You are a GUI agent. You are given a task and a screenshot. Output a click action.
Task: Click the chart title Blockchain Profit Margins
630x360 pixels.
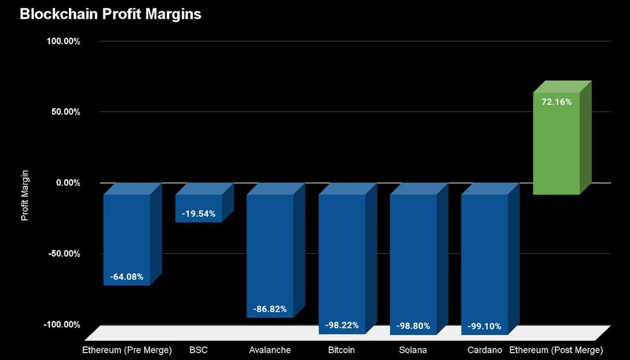[110, 14]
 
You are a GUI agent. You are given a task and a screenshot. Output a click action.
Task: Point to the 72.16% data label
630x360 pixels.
[556, 102]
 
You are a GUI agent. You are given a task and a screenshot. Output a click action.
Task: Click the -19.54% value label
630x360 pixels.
[198, 214]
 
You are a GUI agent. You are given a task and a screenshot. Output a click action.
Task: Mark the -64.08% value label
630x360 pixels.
[126, 277]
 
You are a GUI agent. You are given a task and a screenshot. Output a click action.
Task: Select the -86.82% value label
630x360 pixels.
[270, 309]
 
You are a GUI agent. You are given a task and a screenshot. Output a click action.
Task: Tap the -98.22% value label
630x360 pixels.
[342, 325]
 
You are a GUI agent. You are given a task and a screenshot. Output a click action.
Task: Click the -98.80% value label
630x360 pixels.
[413, 326]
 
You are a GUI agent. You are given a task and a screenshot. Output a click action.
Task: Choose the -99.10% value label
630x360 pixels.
[484, 326]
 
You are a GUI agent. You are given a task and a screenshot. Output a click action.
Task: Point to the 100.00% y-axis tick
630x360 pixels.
[63, 41]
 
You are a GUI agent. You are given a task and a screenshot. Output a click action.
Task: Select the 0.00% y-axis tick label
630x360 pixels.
[68, 183]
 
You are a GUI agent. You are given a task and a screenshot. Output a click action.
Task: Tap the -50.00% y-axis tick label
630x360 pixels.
[64, 254]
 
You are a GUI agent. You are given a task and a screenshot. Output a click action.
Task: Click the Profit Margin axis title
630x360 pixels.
[25, 196]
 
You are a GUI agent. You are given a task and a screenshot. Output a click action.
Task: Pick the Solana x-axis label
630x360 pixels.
[413, 350]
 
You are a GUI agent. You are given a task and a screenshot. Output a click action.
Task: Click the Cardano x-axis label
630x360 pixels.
[484, 350]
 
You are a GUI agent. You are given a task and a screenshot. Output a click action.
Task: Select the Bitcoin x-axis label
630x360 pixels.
[342, 350]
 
